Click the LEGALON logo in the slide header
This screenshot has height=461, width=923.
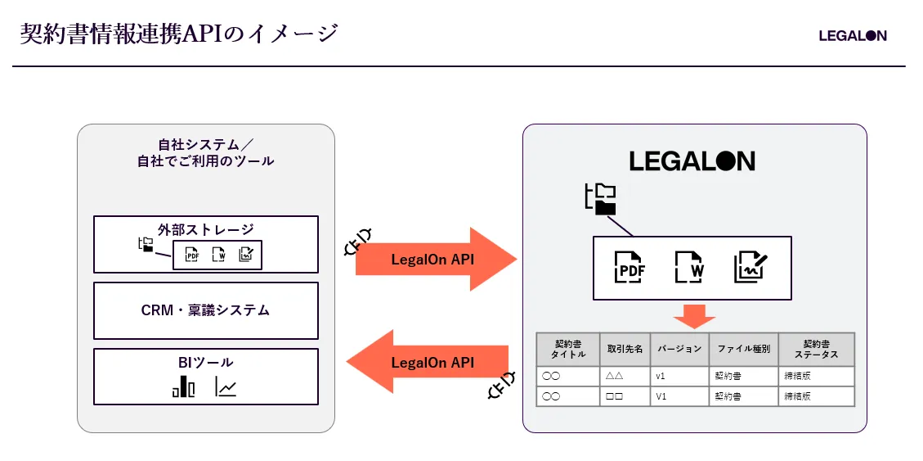(x=853, y=36)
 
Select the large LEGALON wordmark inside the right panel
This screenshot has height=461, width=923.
(x=692, y=161)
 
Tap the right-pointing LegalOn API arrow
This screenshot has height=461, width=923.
(x=436, y=259)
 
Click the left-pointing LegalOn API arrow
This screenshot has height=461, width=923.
(x=428, y=361)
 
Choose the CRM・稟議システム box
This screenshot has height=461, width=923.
(x=205, y=310)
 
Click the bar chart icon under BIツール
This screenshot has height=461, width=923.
(x=184, y=386)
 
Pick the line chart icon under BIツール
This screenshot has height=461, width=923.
(x=226, y=386)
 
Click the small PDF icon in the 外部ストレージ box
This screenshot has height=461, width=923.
(x=192, y=255)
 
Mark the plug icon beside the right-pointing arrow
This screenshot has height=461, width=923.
(x=358, y=241)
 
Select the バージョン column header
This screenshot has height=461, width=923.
(x=680, y=348)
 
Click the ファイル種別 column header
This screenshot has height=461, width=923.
(x=743, y=348)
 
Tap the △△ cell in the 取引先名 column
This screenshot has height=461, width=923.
(x=615, y=376)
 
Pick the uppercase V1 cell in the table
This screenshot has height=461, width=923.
(x=661, y=396)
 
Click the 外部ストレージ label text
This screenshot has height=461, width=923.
(x=205, y=228)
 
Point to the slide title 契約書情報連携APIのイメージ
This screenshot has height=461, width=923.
(x=179, y=34)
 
